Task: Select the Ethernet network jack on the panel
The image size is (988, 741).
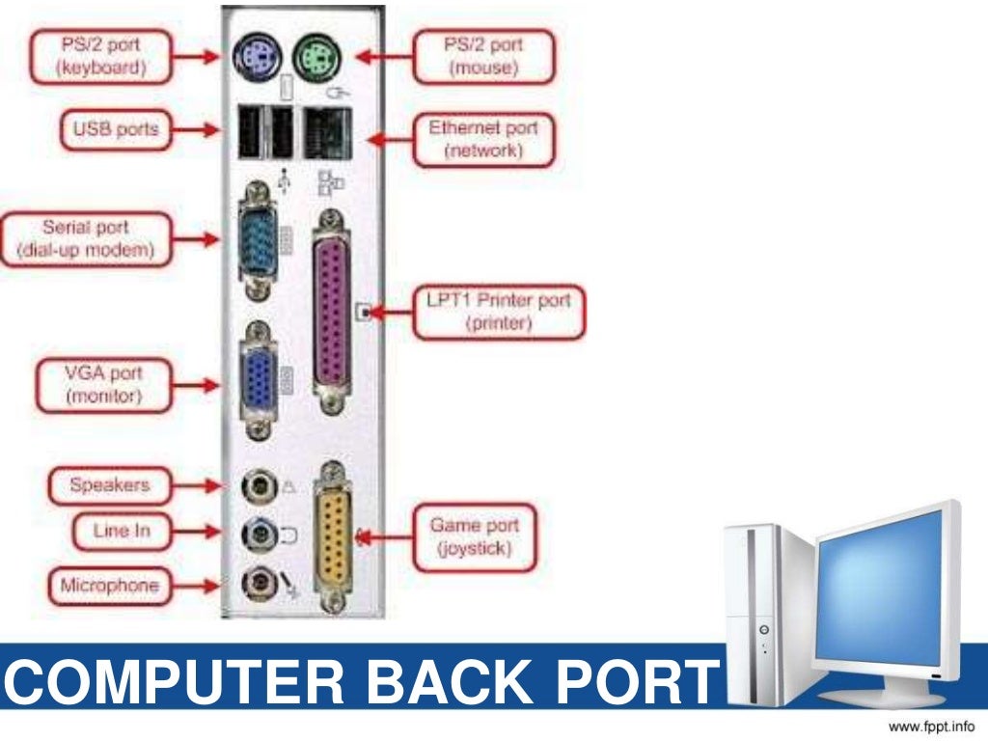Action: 328,132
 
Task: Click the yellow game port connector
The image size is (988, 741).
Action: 333,535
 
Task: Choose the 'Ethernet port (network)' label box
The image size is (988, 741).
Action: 483,139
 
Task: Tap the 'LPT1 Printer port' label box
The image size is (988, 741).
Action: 499,312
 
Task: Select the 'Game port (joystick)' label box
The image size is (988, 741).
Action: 474,537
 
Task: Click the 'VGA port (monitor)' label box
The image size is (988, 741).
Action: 103,384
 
